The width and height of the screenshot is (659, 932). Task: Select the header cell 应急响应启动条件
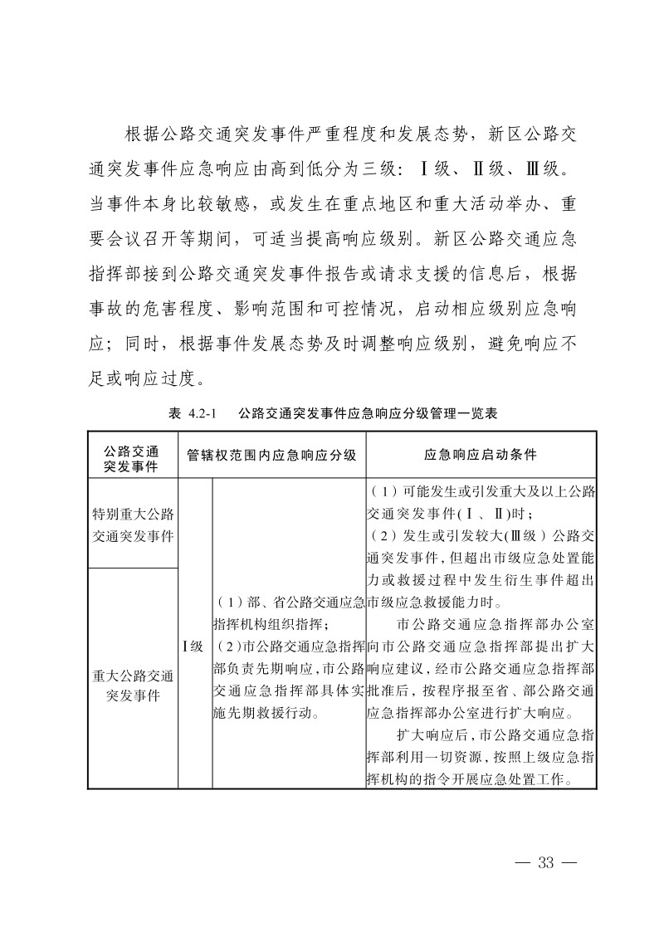[x=481, y=455]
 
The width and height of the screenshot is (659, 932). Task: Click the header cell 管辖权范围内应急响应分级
[x=271, y=455]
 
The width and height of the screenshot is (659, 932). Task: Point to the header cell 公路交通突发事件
[x=133, y=455]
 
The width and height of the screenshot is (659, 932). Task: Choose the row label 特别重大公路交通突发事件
[x=133, y=524]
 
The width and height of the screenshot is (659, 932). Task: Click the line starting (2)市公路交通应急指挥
[x=290, y=645]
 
